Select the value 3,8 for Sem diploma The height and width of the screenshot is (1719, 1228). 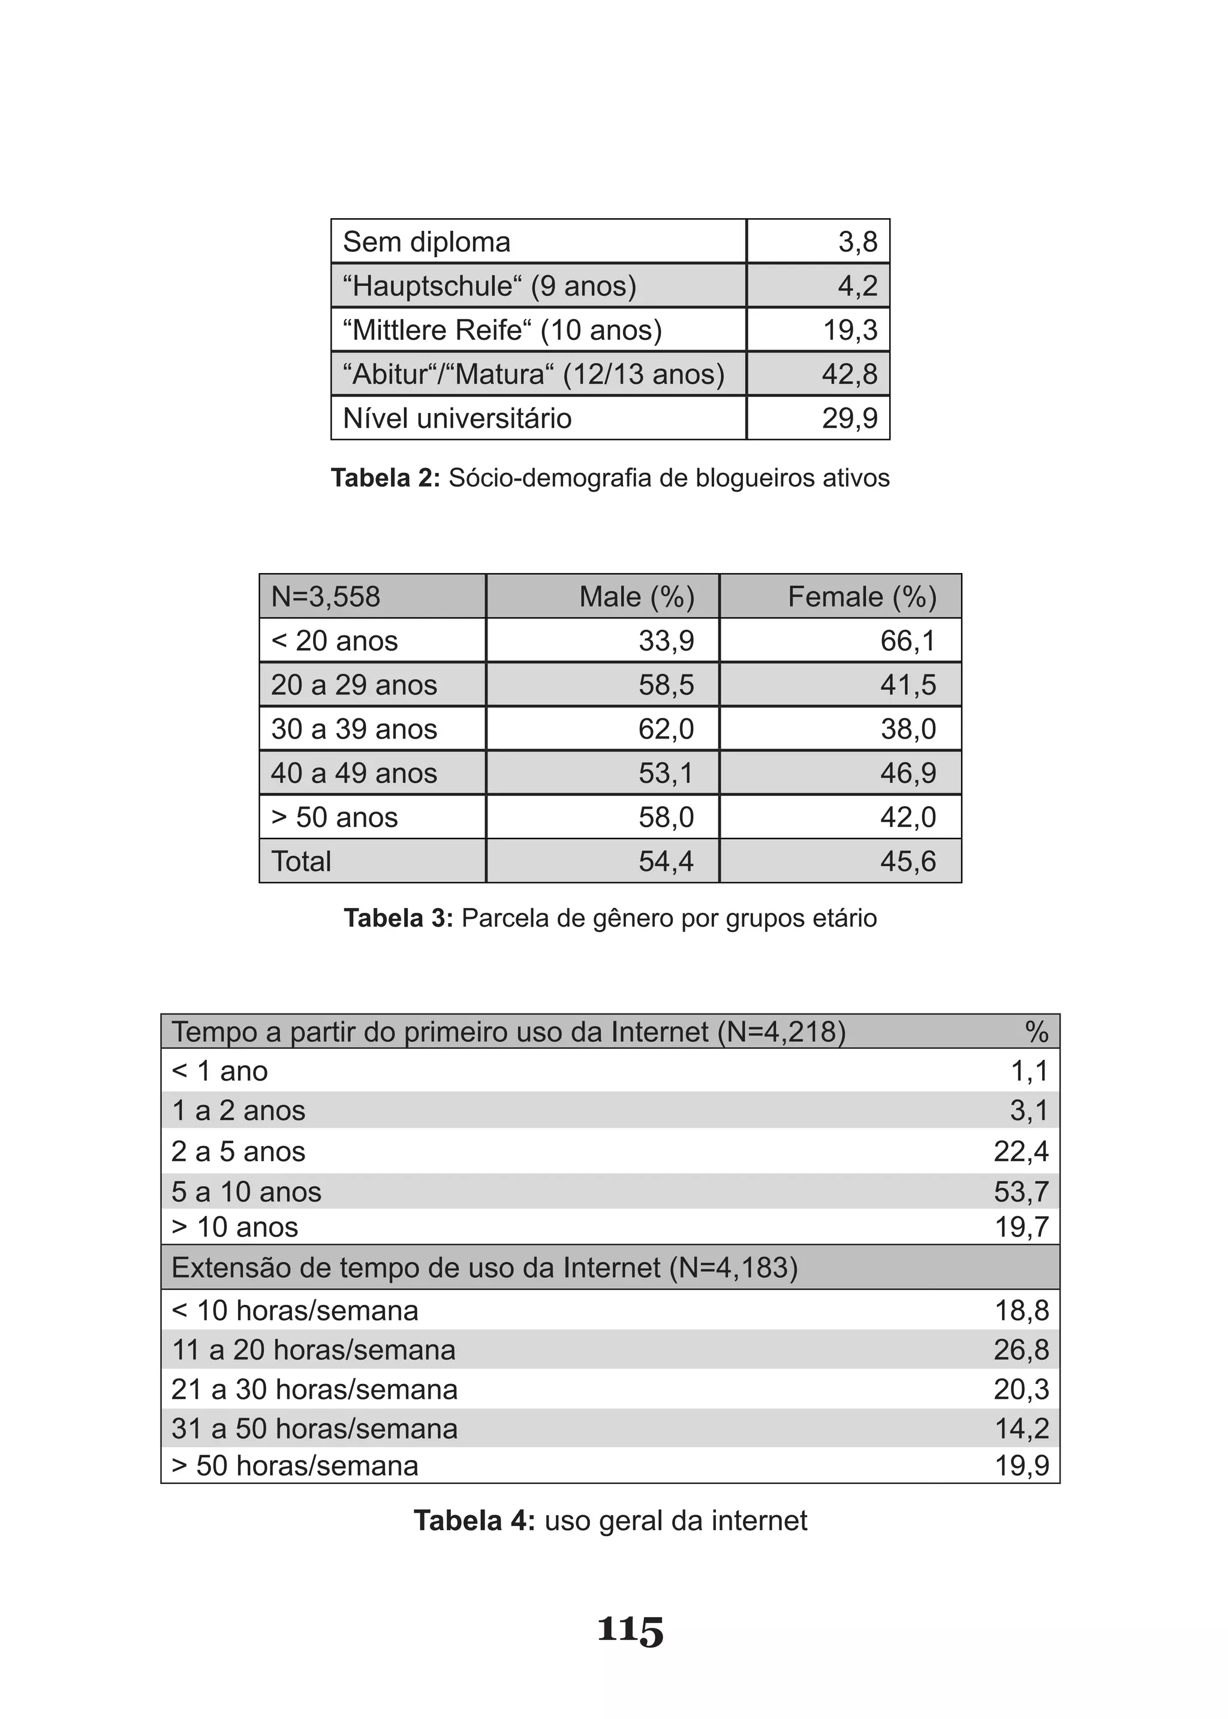857,242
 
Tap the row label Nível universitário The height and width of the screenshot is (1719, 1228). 457,418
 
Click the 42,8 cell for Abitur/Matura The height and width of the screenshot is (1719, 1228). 850,374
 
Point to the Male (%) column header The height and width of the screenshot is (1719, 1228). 637,596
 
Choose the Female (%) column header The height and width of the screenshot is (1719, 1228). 862,596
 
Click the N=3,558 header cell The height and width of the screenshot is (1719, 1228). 326,596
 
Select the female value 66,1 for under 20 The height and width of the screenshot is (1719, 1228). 908,641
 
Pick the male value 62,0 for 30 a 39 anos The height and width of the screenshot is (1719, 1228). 666,729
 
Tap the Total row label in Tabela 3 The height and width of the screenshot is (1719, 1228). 301,862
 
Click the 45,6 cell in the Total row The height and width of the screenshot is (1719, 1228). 908,862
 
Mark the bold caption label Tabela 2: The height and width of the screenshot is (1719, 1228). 385,478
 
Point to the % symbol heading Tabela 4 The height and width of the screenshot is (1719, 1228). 1037,1032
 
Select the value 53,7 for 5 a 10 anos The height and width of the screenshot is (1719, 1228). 1021,1192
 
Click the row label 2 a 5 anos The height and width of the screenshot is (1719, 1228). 238,1151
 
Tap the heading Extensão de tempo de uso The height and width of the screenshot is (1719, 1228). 484,1268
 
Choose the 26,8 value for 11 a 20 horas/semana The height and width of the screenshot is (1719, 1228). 1021,1350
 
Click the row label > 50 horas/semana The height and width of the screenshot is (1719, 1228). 295,1465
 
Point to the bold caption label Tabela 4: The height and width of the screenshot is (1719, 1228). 474,1521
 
